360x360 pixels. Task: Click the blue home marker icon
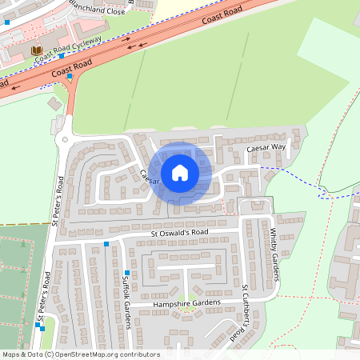(x=180, y=172)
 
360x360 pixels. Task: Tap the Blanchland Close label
(x=97, y=9)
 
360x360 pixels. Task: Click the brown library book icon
(x=36, y=50)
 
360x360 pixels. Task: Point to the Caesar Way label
(x=266, y=148)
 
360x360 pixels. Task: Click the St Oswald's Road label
(x=179, y=233)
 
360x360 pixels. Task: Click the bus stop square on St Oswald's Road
(x=106, y=243)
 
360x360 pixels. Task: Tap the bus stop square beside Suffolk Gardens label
(x=126, y=273)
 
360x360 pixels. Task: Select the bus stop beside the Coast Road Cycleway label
(x=61, y=56)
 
